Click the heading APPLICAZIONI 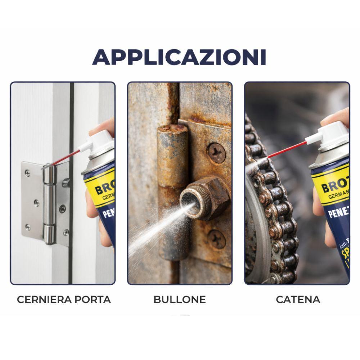(179, 57)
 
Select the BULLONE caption (180, 300)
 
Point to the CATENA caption (298, 300)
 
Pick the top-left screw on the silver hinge (28, 173)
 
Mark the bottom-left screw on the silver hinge (28, 227)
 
